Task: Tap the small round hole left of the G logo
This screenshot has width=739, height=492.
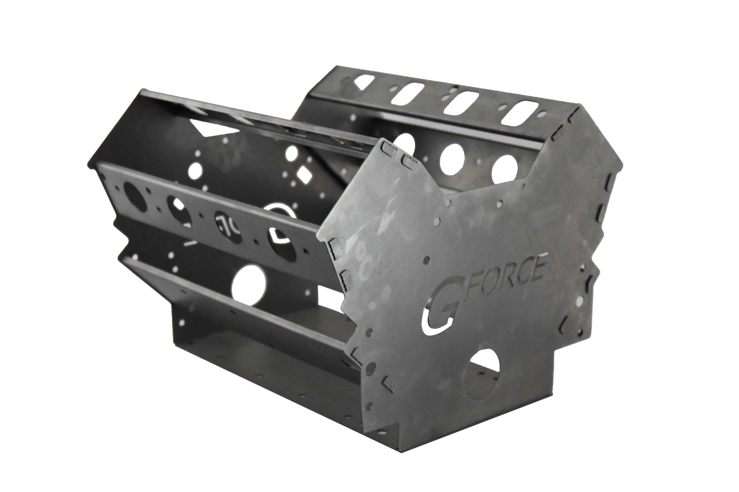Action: point(426,260)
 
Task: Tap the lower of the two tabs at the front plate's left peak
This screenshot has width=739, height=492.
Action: point(408,161)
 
